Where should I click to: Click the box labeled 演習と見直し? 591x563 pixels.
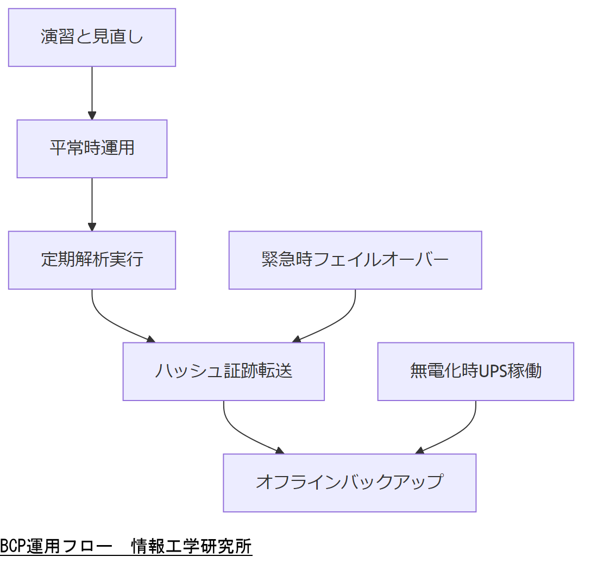92,37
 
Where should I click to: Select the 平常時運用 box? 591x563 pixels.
92,148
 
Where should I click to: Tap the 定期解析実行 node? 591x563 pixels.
92,260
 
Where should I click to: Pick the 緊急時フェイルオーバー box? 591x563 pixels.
355,260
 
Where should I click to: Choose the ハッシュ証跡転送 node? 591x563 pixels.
223,371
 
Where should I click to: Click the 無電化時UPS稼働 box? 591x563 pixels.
475,371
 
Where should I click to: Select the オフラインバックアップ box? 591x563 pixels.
349,483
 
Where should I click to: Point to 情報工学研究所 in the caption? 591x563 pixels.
192,546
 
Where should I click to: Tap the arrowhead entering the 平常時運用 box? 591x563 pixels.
92,115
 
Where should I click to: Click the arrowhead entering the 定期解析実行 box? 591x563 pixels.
92,227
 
